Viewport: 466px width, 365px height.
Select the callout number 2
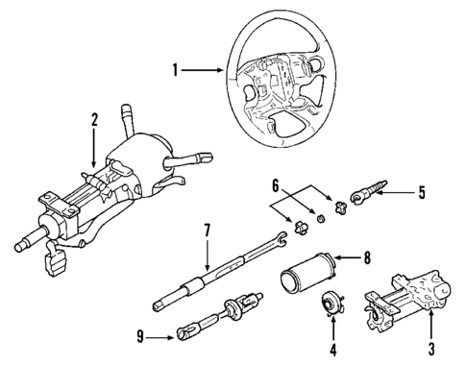point(93,120)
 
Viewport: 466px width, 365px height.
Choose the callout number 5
point(422,191)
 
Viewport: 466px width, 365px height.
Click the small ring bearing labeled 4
point(331,304)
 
